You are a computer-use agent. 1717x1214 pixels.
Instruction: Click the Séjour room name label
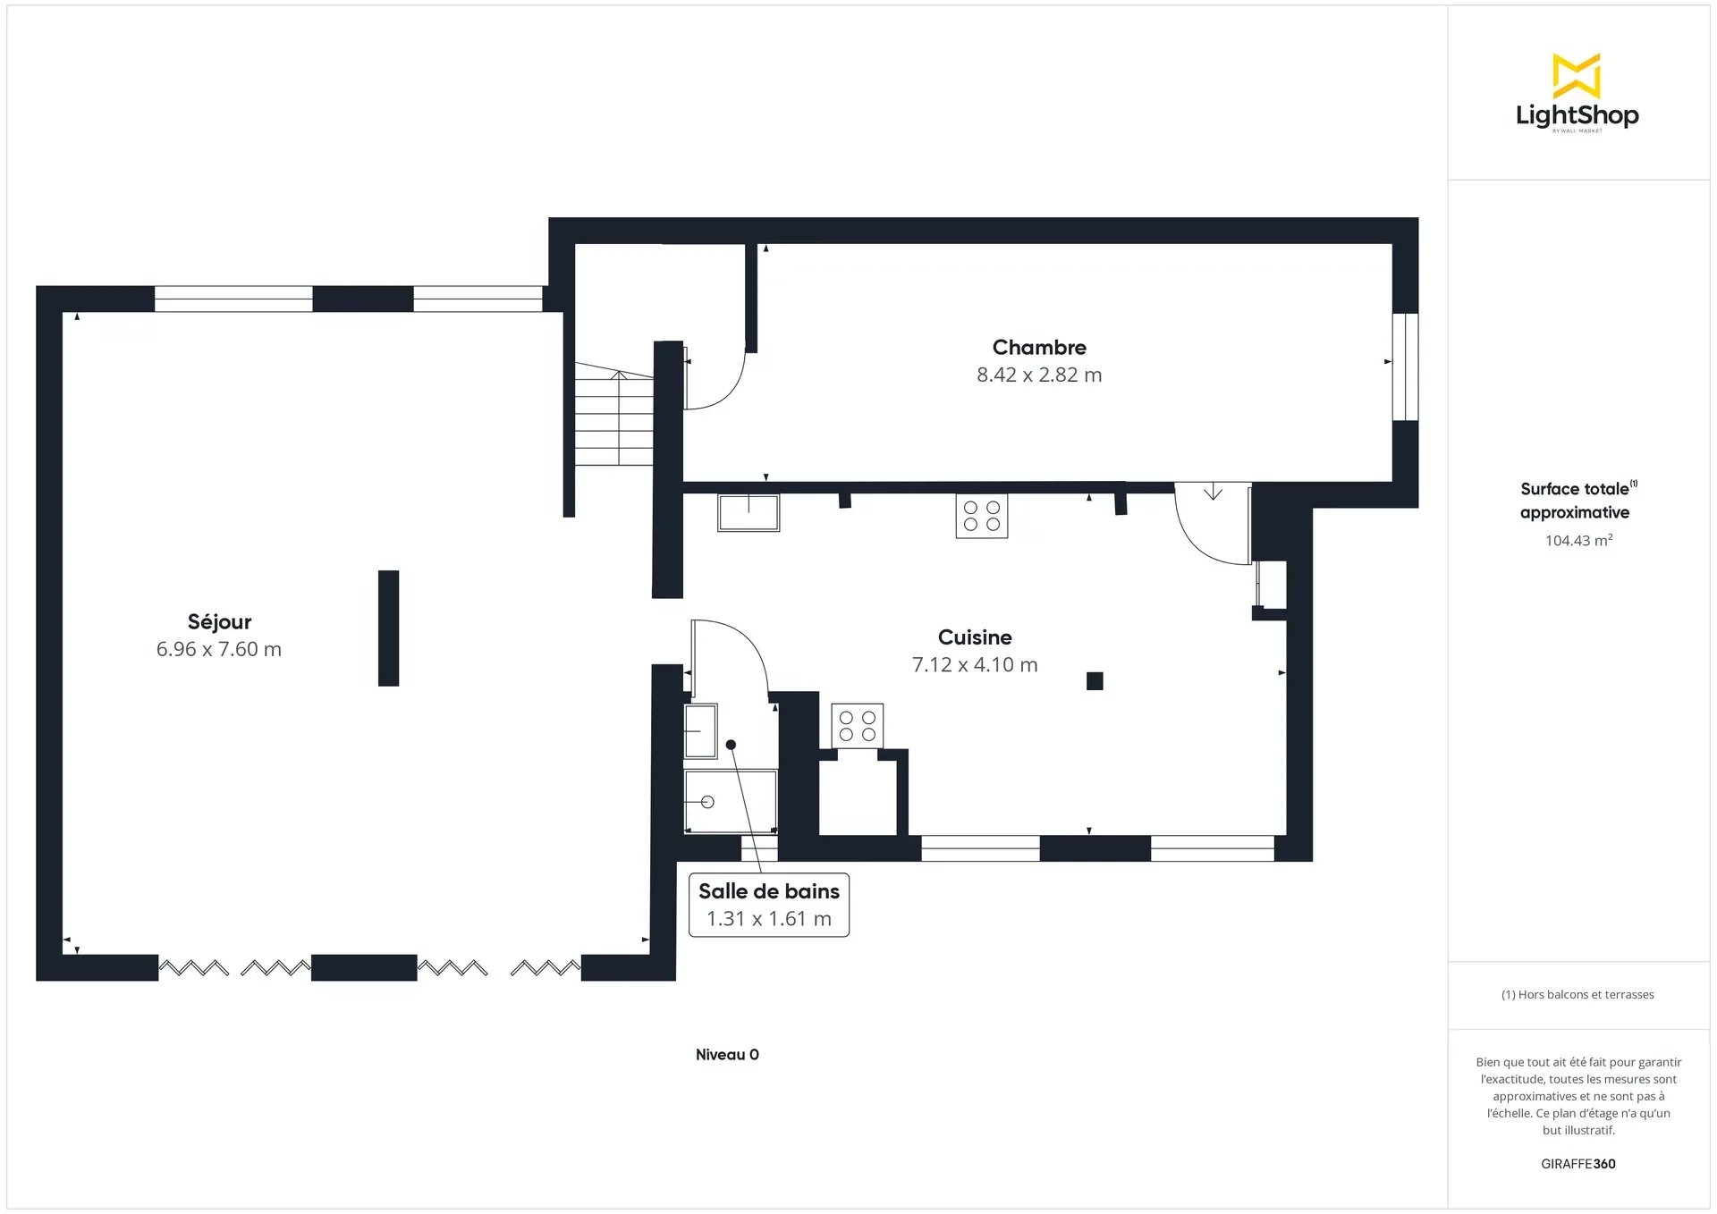point(219,622)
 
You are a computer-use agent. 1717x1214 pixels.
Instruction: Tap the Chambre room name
point(1039,347)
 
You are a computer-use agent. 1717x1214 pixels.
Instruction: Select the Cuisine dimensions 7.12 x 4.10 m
point(975,665)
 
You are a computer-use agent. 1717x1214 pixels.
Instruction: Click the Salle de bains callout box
point(769,905)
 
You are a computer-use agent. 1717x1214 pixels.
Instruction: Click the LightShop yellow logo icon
point(1577,75)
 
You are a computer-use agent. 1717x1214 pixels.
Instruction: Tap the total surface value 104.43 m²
point(1578,540)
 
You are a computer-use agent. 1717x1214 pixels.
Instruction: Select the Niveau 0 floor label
point(727,1055)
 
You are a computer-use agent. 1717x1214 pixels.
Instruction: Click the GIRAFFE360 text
point(1578,1164)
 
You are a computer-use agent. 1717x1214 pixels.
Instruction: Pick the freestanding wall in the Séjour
point(388,628)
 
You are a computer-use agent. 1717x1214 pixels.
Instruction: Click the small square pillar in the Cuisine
point(1095,681)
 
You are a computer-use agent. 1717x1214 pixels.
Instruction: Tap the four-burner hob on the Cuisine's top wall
point(982,516)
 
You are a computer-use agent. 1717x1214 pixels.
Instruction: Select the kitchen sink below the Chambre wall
point(749,513)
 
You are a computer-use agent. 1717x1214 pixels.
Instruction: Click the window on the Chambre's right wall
point(1406,367)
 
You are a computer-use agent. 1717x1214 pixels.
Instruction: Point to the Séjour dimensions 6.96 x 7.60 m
point(219,650)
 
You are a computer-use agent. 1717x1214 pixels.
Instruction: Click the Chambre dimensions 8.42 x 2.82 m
point(1039,375)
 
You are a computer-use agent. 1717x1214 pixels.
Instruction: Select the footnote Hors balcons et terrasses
point(1577,995)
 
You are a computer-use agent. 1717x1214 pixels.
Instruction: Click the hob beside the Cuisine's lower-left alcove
point(858,726)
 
